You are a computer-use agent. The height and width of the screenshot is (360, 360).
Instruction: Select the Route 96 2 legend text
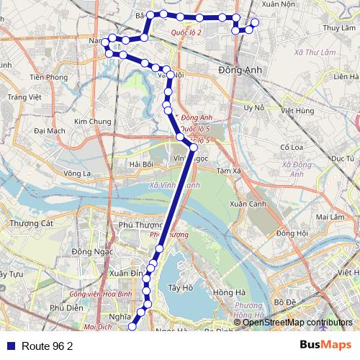pyautogui.click(x=48, y=346)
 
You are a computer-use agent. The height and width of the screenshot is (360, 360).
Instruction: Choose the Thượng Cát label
pyautogui.click(x=32, y=224)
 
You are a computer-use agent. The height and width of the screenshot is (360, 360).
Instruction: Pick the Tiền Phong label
pyautogui.click(x=49, y=77)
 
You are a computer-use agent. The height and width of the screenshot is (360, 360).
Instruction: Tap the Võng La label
pyautogui.click(x=78, y=174)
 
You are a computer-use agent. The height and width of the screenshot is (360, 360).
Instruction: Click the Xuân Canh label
pyautogui.click(x=248, y=204)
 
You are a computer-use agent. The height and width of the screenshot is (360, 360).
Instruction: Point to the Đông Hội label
pyautogui.click(x=292, y=233)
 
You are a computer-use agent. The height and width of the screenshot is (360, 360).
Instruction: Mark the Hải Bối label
pyautogui.click(x=141, y=164)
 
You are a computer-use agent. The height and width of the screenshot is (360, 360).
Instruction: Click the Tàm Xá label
pyautogui.click(x=227, y=171)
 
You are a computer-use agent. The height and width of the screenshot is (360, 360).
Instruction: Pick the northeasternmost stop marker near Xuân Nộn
pyautogui.click(x=254, y=22)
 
